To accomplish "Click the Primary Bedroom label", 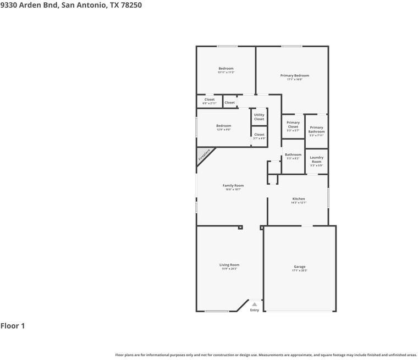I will [294, 75].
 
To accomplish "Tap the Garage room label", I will [299, 267].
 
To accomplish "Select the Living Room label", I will [229, 265].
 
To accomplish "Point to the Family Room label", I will [233, 186].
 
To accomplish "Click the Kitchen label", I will [299, 199].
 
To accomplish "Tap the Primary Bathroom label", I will [316, 130].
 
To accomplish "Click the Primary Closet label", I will [293, 125].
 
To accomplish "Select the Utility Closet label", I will [259, 117].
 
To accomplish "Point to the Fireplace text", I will [204, 155].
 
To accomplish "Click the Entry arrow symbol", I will [254, 304].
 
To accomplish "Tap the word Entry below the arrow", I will [254, 310].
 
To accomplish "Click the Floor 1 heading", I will [13, 326].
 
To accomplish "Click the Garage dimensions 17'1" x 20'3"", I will [300, 270].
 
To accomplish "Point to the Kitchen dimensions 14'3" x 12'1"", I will [299, 203].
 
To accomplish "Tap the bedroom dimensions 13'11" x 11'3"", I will [226, 73].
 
